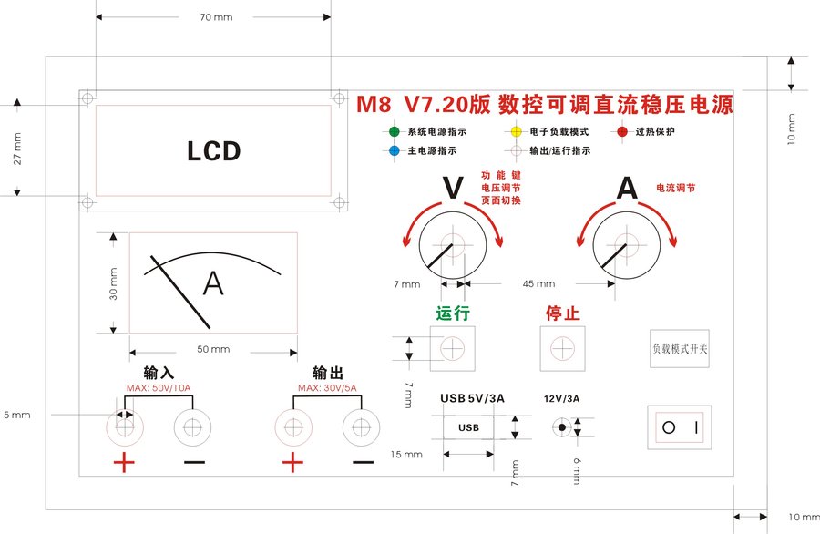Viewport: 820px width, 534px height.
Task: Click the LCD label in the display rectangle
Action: coord(213,150)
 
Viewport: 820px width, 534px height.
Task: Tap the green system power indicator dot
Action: coord(394,131)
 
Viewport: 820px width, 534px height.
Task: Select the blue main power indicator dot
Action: coord(394,150)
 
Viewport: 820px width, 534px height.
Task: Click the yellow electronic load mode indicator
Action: coord(516,131)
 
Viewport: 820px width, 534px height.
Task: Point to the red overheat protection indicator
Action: coord(622,131)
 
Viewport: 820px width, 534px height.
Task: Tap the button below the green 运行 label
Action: coord(453,348)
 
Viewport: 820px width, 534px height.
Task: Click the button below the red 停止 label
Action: coord(562,348)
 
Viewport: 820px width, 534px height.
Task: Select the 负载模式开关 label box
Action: coord(679,348)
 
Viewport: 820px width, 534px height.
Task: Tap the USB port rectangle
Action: coord(469,427)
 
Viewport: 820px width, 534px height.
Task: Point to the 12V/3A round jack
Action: coord(562,427)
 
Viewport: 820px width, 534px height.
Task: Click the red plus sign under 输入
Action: coord(124,463)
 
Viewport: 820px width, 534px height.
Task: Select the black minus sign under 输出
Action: coord(363,463)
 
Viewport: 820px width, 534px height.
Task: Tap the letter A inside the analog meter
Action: coord(213,283)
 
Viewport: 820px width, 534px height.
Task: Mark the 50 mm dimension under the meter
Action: coord(214,350)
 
